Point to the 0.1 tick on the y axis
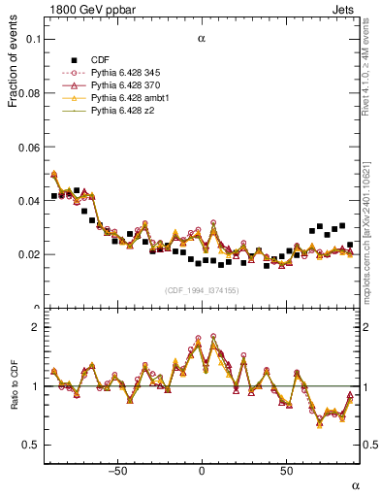[x=33, y=39]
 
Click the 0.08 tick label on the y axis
[x=29, y=92]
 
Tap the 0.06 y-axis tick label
[x=29, y=147]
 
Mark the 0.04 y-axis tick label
[x=29, y=200]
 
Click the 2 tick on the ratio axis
[x=36, y=328]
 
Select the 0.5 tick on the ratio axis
[x=32, y=445]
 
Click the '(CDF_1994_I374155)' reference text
[x=202, y=290]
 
